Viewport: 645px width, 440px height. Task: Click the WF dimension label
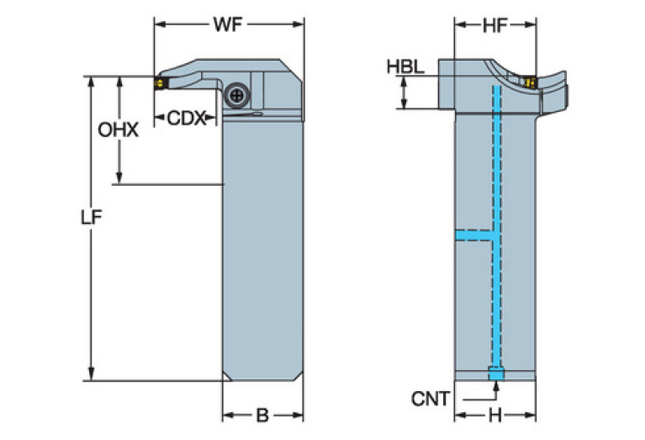(227, 24)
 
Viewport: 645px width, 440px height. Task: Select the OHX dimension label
(118, 130)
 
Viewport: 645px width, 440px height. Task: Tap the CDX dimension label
(186, 118)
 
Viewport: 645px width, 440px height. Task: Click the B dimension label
(262, 416)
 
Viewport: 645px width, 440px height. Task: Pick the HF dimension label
(494, 26)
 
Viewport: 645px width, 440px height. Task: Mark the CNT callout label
(431, 398)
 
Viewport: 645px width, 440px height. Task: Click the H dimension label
(495, 416)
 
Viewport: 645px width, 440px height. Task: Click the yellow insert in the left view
(159, 84)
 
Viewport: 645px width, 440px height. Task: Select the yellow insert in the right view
(530, 82)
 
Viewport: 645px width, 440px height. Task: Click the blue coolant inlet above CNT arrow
(496, 374)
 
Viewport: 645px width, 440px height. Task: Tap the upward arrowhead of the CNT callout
(496, 385)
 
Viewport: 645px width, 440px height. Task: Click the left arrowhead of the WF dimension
(157, 24)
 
